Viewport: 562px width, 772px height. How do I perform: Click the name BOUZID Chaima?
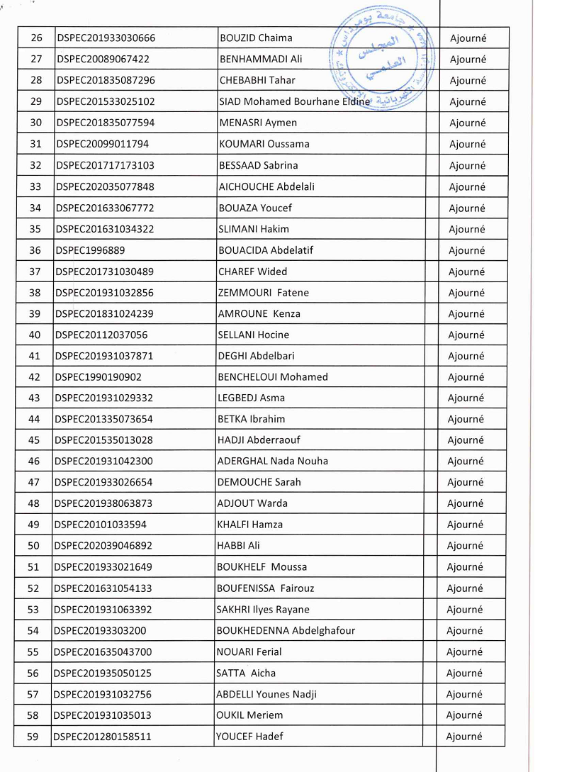tap(256, 38)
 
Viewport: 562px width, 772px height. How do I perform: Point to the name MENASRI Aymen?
tap(258, 123)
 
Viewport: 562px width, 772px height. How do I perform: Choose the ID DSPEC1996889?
tap(90, 250)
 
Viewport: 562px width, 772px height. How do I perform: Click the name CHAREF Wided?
tap(252, 272)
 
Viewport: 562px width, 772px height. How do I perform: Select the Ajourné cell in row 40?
tap(467, 335)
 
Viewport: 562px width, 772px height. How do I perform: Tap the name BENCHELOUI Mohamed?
tap(273, 377)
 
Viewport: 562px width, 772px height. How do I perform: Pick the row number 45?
tap(34, 440)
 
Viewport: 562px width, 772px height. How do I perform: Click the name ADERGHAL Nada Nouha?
tap(272, 461)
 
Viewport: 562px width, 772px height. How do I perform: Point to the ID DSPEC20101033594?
tap(101, 525)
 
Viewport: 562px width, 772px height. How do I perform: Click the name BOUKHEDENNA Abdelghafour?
tap(285, 631)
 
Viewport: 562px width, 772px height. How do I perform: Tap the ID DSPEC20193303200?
tap(100, 631)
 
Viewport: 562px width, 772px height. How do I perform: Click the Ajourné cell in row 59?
tap(464, 737)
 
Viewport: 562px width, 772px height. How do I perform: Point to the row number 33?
tap(35, 187)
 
